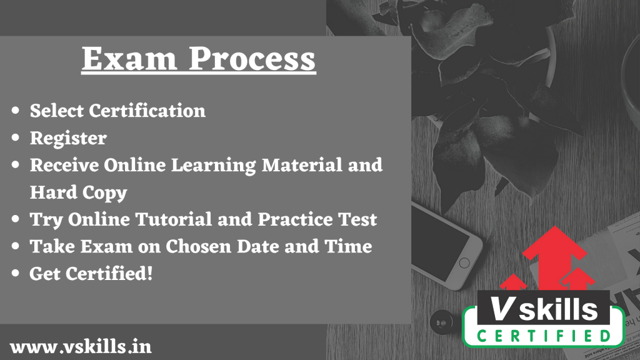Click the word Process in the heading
[x=252, y=59]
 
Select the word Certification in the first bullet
[x=147, y=111]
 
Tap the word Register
[x=68, y=138]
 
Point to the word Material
[x=302, y=165]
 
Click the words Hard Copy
[x=78, y=192]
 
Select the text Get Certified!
[x=91, y=274]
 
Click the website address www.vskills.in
[x=81, y=347]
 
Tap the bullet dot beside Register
[x=16, y=138]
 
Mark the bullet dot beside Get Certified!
[x=16, y=273]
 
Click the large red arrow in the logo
[x=554, y=257]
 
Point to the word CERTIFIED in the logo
[x=544, y=336]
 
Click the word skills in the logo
[x=558, y=309]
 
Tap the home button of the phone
[x=464, y=263]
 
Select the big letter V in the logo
[x=502, y=309]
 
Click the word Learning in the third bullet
[x=214, y=166]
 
